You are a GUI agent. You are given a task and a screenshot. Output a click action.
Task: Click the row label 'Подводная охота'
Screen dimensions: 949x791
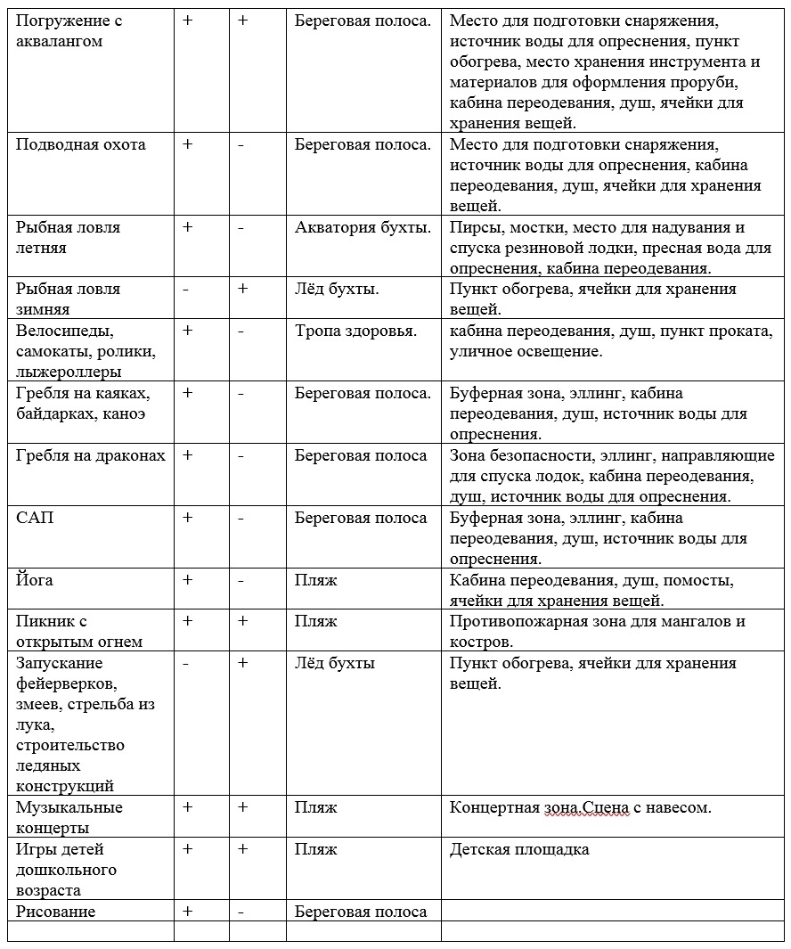tap(81, 144)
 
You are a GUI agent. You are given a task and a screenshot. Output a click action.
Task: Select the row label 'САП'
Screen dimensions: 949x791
tap(35, 518)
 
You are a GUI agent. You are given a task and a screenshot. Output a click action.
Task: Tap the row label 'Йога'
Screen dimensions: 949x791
tap(35, 580)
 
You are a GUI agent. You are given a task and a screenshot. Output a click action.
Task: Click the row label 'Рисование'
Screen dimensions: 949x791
tap(55, 911)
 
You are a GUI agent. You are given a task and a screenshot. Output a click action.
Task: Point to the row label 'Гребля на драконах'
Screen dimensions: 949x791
tap(91, 455)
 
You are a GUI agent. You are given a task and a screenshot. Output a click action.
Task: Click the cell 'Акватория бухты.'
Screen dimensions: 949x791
tap(363, 227)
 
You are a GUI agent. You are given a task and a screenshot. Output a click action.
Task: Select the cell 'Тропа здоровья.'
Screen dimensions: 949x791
tap(356, 331)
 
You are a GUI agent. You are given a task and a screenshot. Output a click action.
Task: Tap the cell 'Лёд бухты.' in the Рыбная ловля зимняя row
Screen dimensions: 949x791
tap(337, 289)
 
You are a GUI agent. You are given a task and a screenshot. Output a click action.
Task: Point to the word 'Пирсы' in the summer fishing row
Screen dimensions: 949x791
tap(472, 227)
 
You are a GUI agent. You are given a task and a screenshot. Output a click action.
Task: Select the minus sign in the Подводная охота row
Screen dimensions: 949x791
tap(241, 144)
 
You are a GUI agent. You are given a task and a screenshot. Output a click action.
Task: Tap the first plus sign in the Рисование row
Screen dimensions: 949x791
tap(187, 911)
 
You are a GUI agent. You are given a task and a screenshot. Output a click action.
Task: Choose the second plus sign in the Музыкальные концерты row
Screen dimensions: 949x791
tap(242, 807)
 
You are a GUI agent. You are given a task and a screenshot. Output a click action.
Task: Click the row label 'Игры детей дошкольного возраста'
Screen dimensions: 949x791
tap(66, 870)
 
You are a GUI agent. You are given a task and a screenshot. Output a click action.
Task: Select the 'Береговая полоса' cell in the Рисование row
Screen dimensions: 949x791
tap(361, 911)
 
